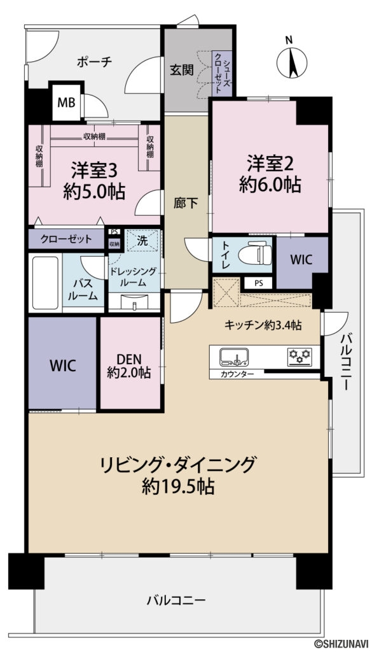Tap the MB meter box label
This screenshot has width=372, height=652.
pyautogui.click(x=66, y=103)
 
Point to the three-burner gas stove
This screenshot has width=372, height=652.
pyautogui.click(x=300, y=357)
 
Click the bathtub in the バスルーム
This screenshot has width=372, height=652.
pyautogui.click(x=46, y=282)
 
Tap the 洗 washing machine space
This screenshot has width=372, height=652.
pyautogui.click(x=142, y=241)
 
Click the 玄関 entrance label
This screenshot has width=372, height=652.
pyautogui.click(x=182, y=70)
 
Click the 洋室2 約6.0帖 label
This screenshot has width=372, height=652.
pyautogui.click(x=270, y=173)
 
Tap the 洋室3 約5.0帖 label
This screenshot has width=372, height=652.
pyautogui.click(x=94, y=180)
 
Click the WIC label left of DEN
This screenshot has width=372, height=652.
pyautogui.click(x=63, y=366)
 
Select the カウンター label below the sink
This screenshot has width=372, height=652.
pyautogui.click(x=237, y=374)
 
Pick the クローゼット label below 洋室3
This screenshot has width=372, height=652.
pyautogui.click(x=65, y=239)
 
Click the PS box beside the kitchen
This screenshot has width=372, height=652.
pyautogui.click(x=259, y=283)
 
